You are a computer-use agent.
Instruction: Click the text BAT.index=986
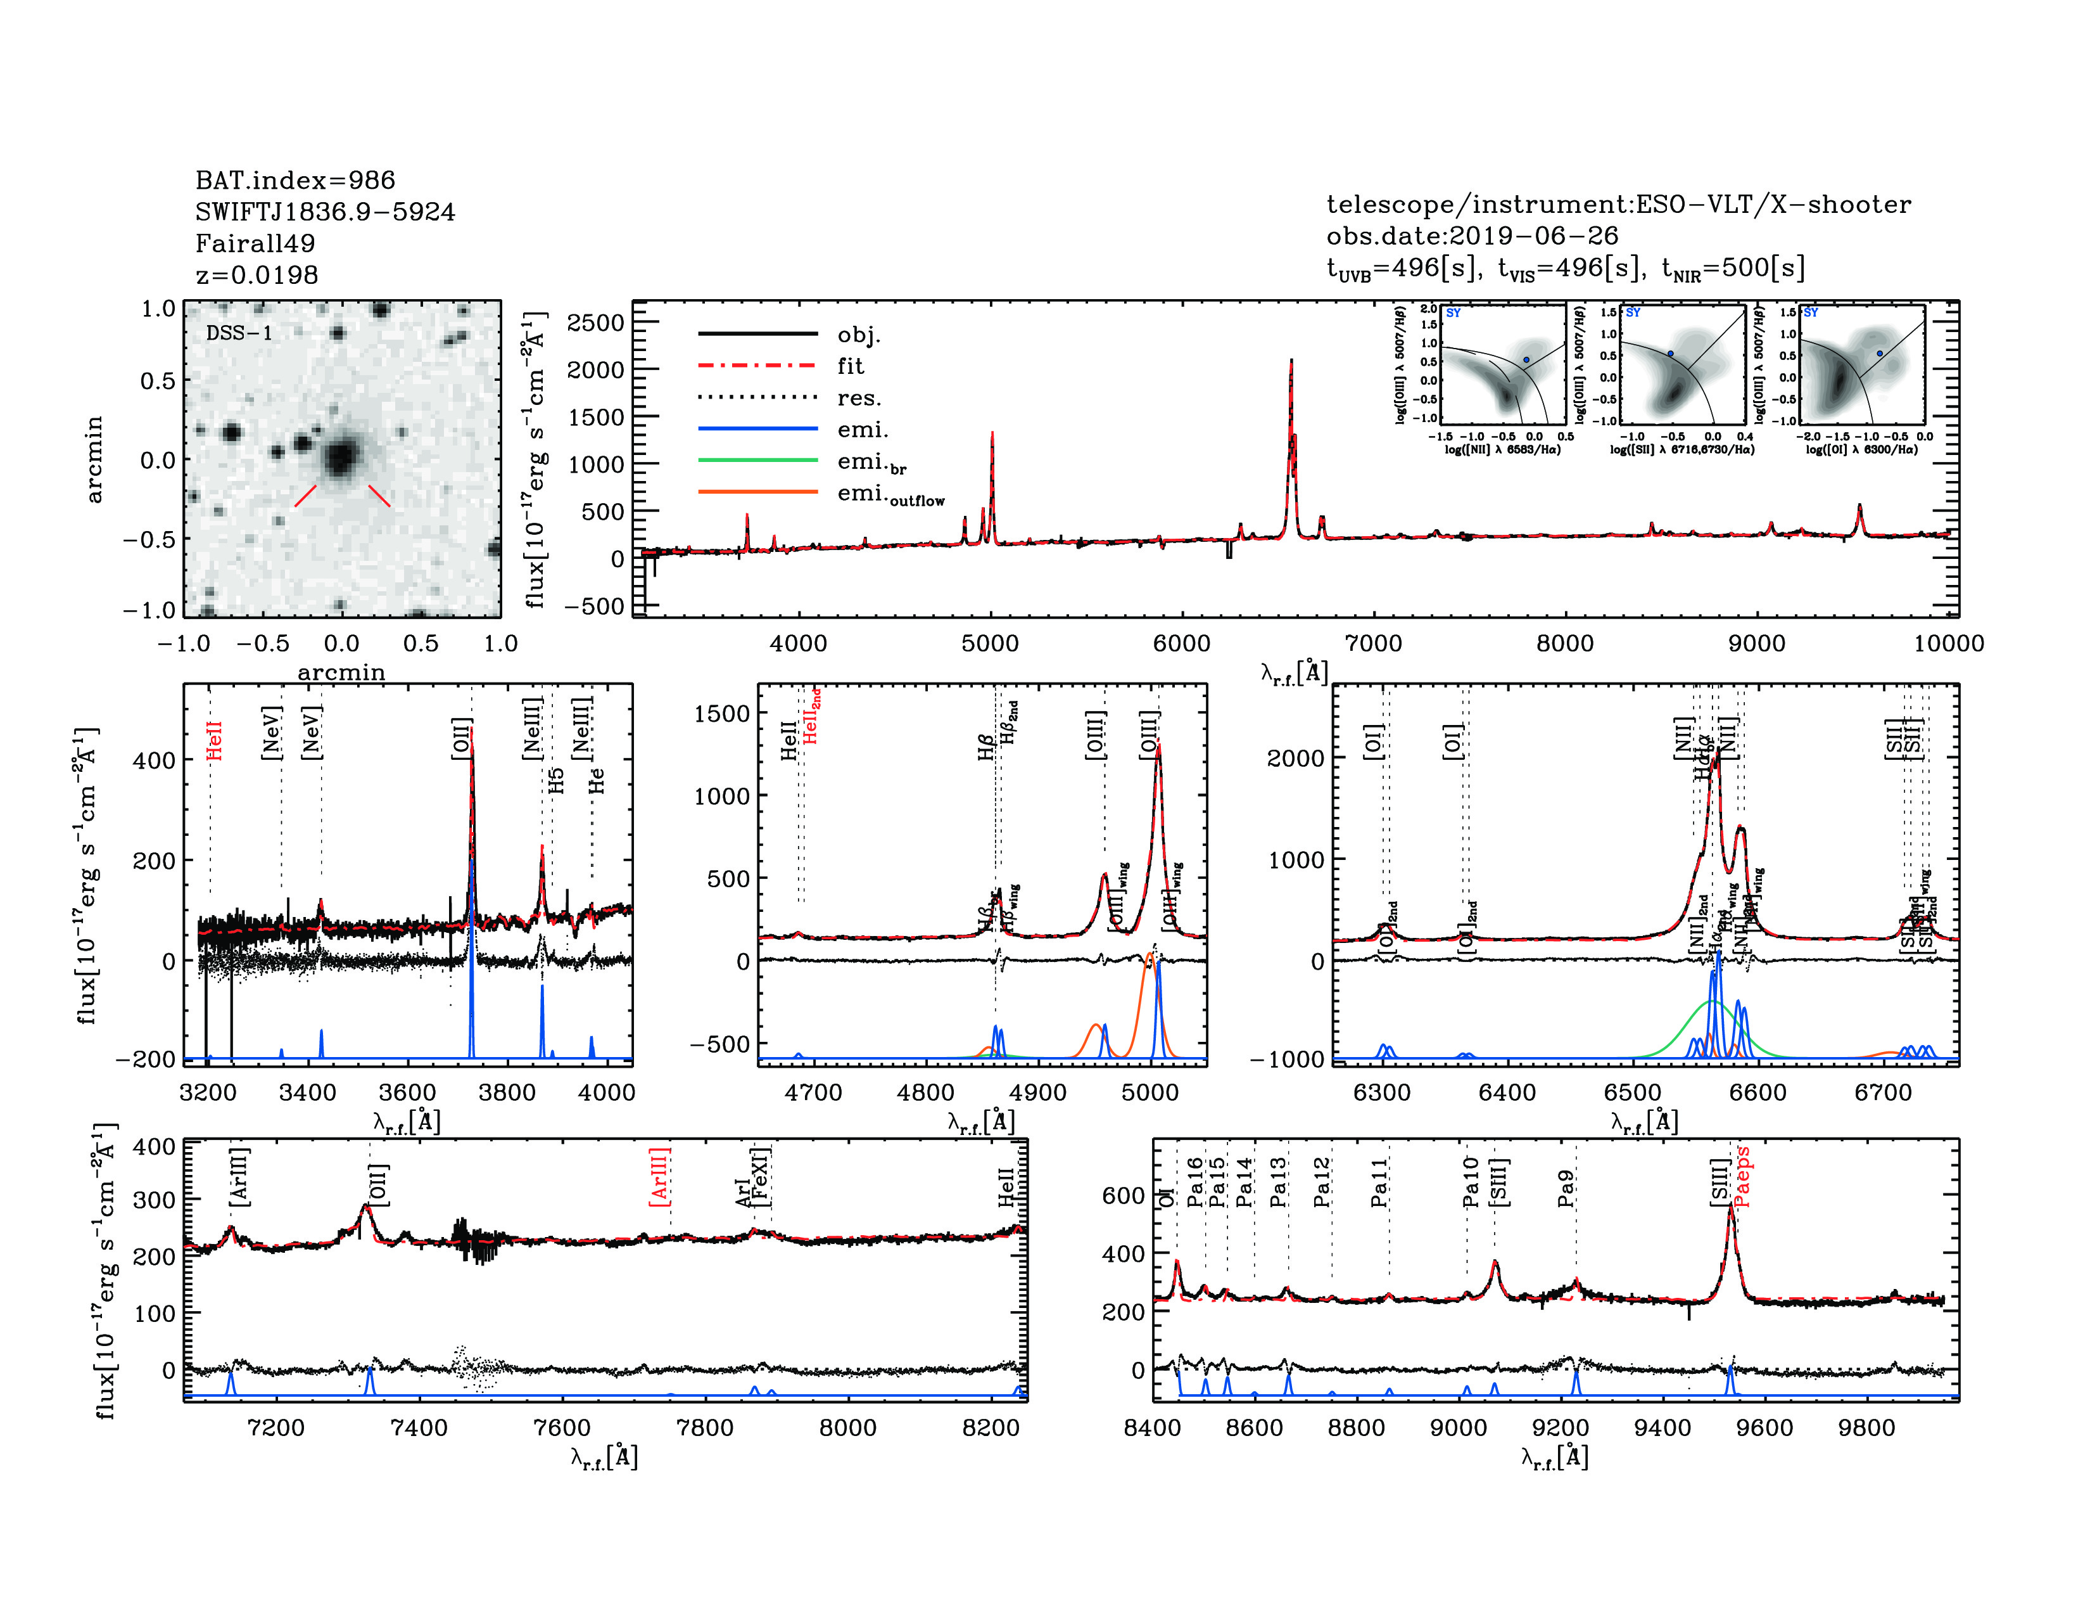click(x=294, y=180)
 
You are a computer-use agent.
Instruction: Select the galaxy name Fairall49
click(x=255, y=243)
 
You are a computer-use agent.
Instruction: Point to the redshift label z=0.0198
click(x=256, y=275)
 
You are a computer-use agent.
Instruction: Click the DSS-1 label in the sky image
click(x=239, y=333)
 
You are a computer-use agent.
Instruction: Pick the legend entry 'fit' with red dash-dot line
click(x=850, y=366)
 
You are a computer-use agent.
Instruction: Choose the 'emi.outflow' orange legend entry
click(x=890, y=494)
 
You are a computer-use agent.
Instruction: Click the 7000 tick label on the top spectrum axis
click(x=1373, y=643)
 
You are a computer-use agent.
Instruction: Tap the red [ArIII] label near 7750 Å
click(x=659, y=1177)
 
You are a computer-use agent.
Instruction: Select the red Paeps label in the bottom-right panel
click(x=1742, y=1177)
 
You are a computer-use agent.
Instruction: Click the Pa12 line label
click(x=1322, y=1181)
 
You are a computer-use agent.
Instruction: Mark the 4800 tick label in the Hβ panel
click(x=925, y=1093)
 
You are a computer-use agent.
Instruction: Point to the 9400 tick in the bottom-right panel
click(x=1662, y=1427)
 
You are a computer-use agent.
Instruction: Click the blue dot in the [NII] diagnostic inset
click(x=1526, y=360)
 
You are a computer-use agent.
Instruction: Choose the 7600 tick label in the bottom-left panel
click(x=562, y=1427)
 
